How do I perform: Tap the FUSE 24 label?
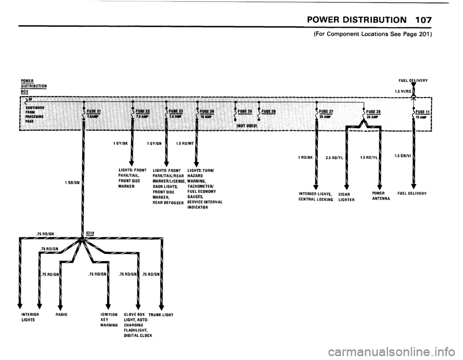click(x=208, y=111)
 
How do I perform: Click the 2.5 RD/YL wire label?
click(x=334, y=157)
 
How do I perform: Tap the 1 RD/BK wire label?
click(x=306, y=157)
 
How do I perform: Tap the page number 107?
click(x=421, y=20)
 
